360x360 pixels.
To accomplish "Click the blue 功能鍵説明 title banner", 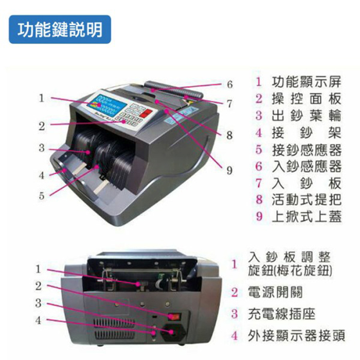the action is pos(60,29).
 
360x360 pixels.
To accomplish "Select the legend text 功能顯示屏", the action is pos(307,82).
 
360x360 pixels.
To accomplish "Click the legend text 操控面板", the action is pos(307,99).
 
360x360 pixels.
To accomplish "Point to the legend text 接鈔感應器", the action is pos(307,150).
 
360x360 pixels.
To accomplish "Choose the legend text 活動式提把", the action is pos(307,200).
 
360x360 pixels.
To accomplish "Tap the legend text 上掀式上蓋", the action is pos(307,217).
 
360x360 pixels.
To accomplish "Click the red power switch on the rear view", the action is pos(174,316).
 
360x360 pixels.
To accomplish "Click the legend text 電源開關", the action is pos(275,292).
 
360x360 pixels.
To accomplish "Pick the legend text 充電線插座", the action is pos(281,314).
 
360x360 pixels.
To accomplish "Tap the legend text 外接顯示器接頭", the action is pos(296,336).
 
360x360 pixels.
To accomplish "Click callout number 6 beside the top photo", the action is pos(230,84).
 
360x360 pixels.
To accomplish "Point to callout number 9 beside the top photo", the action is pos(229,170).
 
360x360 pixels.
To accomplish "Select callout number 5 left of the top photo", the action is pos(42,195).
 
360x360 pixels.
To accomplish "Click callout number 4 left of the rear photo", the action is pos(39,320).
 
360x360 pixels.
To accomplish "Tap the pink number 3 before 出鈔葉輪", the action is pos(259,116).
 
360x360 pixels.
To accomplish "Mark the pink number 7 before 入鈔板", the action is pos(259,183).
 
